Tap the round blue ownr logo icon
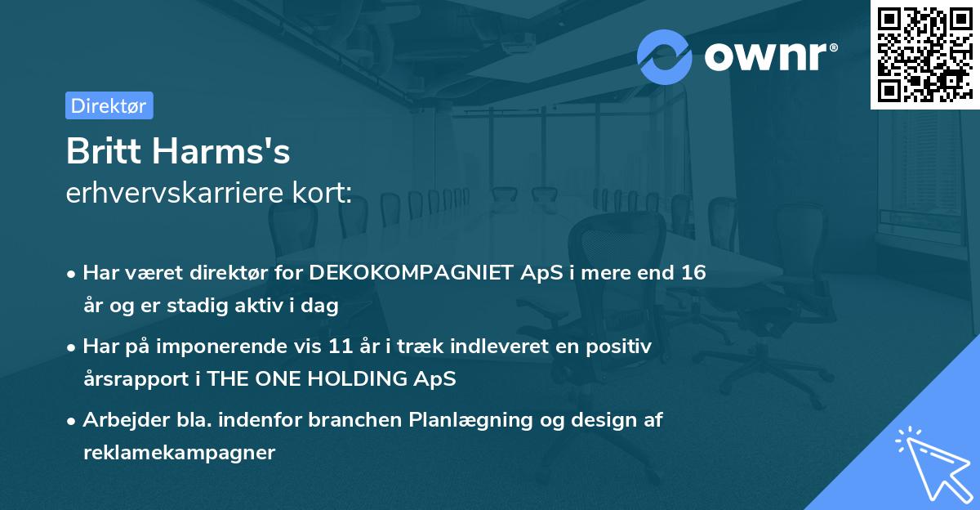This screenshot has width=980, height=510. pyautogui.click(x=664, y=57)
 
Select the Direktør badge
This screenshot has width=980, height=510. pyautogui.click(x=109, y=105)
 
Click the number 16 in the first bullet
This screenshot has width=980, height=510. pyautogui.click(x=694, y=273)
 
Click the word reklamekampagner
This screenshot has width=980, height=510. pyautogui.click(x=179, y=453)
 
